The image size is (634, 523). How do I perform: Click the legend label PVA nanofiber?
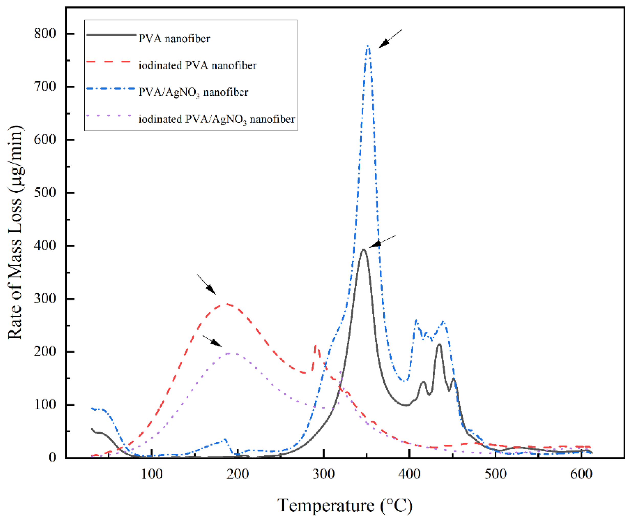174,39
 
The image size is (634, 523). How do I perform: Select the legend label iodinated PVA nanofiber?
197,65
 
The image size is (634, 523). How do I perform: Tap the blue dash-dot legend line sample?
110,88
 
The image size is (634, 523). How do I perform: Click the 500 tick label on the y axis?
45,193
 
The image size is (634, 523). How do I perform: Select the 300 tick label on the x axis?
324,474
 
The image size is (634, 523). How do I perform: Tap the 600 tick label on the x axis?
581,474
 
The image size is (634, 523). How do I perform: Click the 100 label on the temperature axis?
152,474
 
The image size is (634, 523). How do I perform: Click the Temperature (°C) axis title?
344,505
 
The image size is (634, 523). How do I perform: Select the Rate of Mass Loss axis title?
15,232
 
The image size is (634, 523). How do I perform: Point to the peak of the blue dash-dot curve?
368,46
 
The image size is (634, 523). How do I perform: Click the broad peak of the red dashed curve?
227,304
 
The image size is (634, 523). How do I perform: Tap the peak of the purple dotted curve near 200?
229,353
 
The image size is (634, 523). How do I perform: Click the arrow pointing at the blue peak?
390,39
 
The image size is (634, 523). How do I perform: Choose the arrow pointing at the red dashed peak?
206,284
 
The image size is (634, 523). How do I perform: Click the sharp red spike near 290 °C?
315,346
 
